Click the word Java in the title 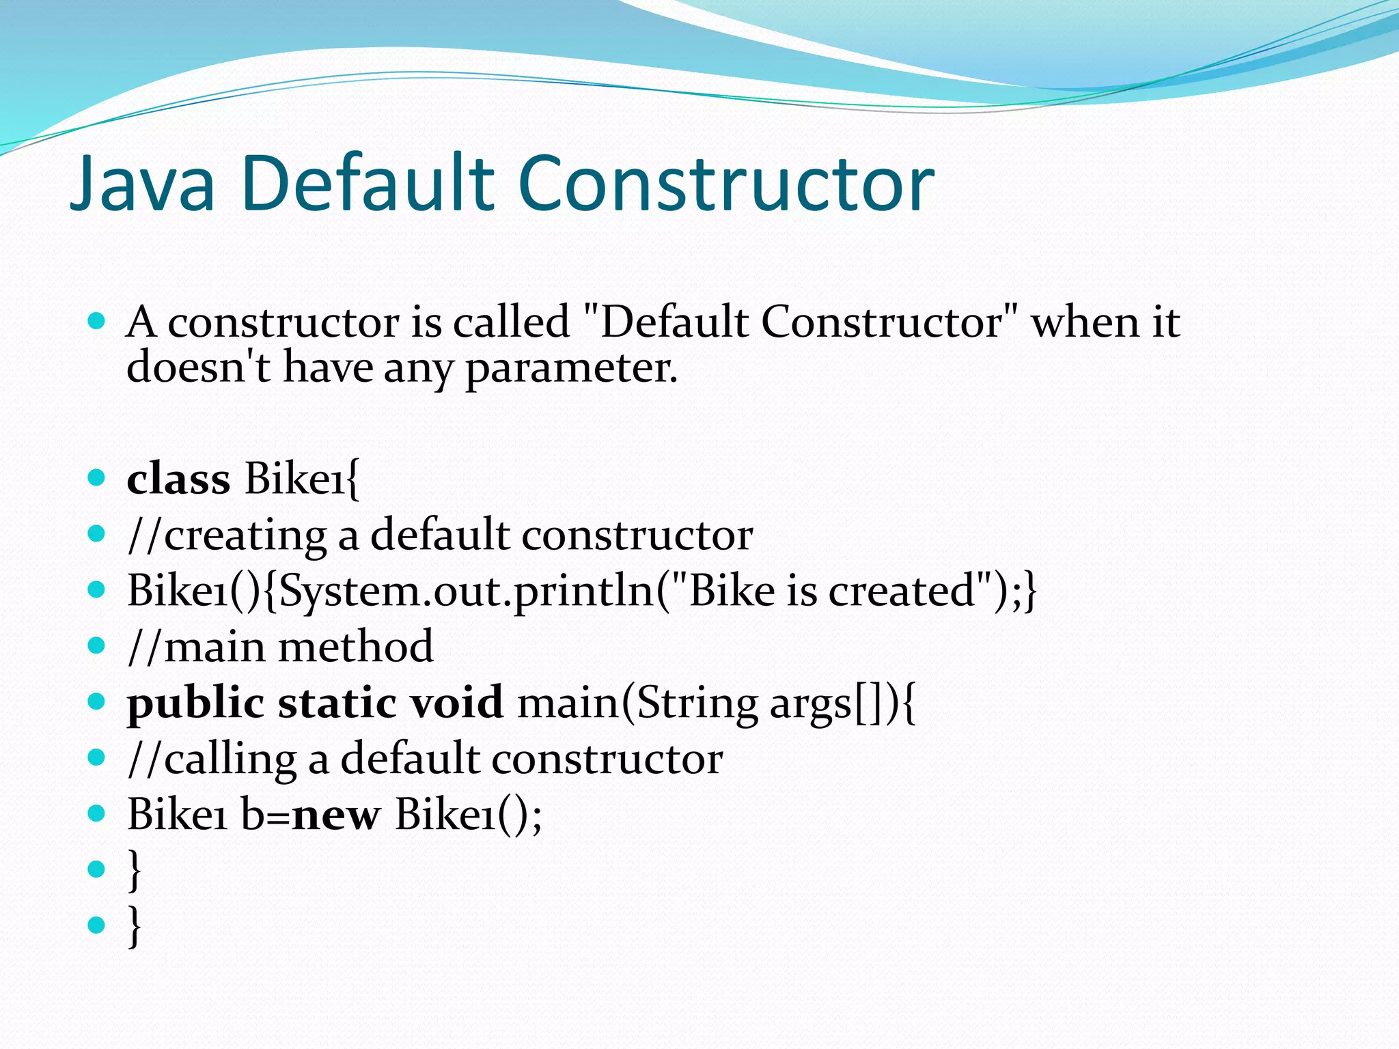pos(143,183)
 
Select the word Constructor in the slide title pos(727,183)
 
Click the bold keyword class pos(178,478)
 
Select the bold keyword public pos(195,703)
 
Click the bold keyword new pos(335,815)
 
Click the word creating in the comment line pos(245,535)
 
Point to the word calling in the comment pos(230,759)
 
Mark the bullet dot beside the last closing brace pos(97,925)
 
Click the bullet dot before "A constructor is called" pos(97,320)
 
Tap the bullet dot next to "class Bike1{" pos(97,477)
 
